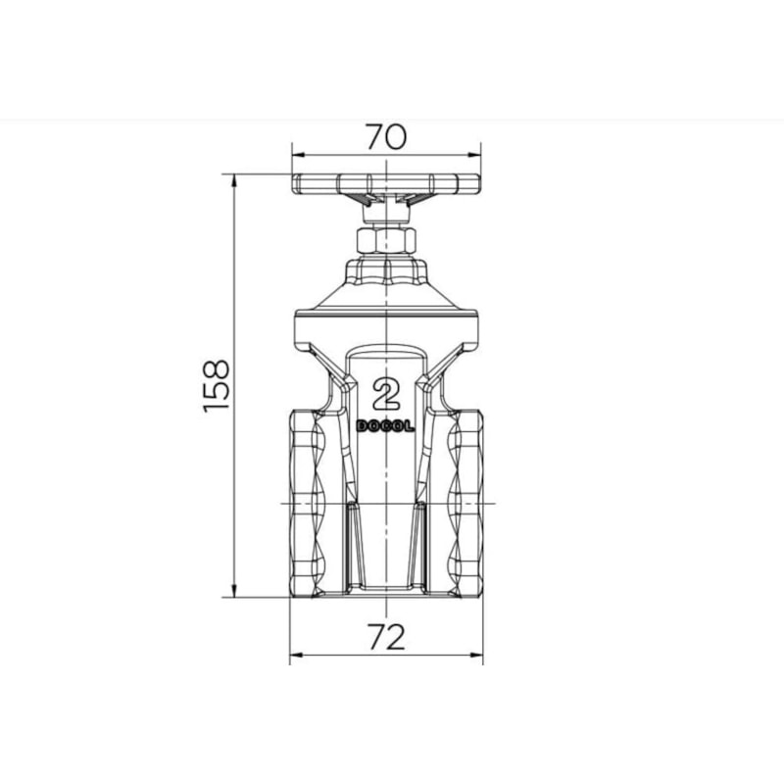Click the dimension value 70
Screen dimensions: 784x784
(386, 137)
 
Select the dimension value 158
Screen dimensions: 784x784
(217, 386)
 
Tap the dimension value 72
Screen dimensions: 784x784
(386, 638)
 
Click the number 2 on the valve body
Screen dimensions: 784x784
(386, 394)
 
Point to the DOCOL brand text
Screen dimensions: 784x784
(385, 426)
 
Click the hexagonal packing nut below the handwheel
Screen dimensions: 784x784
(386, 240)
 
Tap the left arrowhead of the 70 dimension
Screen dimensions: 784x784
(299, 155)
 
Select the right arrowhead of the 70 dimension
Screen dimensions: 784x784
(474, 155)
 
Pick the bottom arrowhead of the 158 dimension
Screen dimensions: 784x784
(233, 591)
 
